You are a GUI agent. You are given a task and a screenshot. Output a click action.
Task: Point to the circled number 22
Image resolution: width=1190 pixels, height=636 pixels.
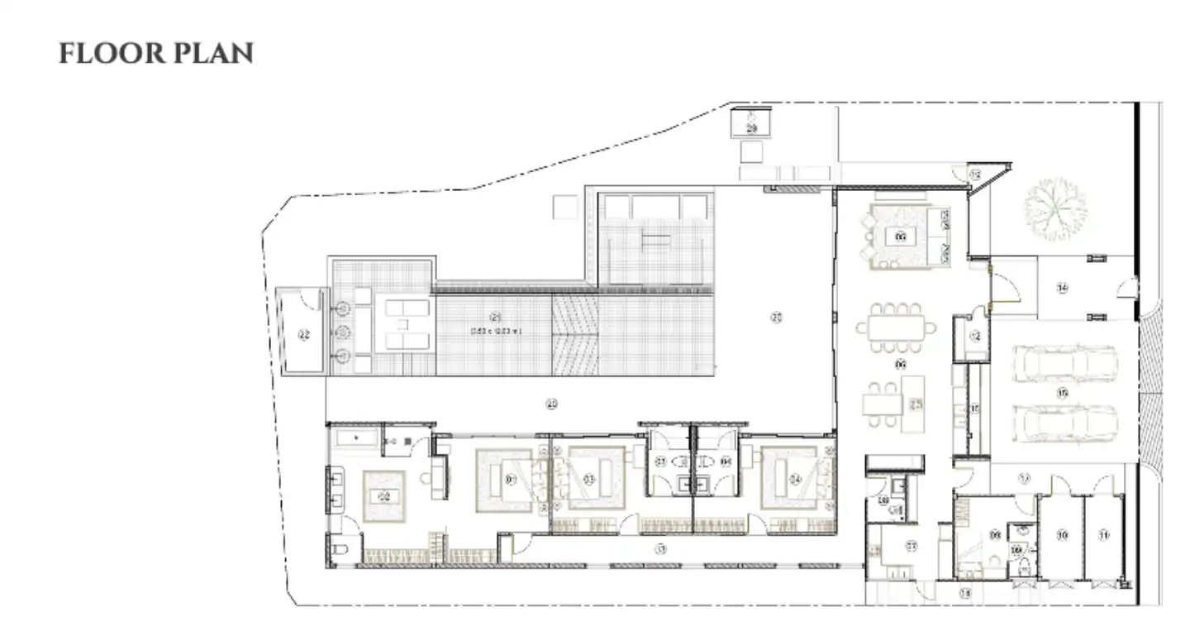[x=304, y=335]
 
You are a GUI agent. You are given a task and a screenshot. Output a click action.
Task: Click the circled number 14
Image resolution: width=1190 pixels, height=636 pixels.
[x=1062, y=288]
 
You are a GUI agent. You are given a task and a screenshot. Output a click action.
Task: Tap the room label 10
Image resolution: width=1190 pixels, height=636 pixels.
[x=1062, y=535]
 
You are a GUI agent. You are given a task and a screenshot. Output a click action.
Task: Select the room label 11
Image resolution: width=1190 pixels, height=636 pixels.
[x=1104, y=535]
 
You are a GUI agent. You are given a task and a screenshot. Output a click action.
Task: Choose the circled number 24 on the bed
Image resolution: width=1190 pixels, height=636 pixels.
[x=795, y=478]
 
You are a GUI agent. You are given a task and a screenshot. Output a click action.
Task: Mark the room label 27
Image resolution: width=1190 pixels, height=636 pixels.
[x=912, y=546]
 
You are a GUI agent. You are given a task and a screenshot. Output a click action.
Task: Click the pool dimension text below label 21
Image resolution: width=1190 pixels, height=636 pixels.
[x=497, y=331]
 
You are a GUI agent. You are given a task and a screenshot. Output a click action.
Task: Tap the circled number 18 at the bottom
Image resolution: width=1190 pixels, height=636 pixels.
[x=964, y=594]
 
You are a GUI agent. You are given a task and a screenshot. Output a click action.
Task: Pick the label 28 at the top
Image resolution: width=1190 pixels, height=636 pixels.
[x=752, y=128]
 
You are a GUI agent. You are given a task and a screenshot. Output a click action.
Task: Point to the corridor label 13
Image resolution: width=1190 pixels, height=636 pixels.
[x=659, y=548]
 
